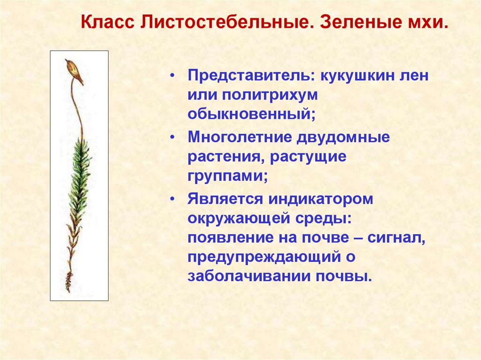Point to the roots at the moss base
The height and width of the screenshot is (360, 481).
click(69, 282)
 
